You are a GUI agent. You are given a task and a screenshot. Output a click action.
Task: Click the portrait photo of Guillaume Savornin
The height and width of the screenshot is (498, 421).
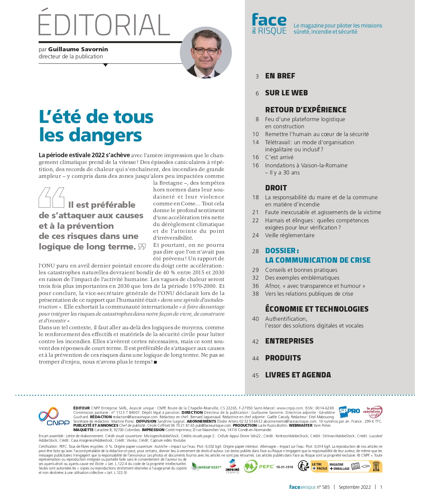(x=206, y=53)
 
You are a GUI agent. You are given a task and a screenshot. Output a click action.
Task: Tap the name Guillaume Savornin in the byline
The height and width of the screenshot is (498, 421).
(x=78, y=49)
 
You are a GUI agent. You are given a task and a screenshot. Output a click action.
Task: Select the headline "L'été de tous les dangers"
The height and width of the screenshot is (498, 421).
(x=96, y=126)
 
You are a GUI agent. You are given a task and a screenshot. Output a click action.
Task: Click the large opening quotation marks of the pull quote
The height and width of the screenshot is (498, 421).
(x=52, y=198)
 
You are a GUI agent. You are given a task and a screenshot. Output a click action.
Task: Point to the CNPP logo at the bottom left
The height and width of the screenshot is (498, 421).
(x=54, y=417)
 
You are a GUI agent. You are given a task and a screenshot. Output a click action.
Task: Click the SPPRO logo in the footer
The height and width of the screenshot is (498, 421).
(x=349, y=411)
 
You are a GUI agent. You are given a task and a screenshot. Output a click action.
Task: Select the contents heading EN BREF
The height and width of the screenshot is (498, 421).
(x=280, y=76)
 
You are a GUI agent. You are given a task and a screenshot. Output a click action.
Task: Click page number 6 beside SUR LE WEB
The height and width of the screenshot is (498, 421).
(x=257, y=93)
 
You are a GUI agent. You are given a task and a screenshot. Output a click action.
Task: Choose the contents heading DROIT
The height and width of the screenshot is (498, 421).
(x=276, y=188)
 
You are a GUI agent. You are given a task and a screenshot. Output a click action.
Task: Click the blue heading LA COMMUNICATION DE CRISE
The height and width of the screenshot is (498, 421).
(x=318, y=260)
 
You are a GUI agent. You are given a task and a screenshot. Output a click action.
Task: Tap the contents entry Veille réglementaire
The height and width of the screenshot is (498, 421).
(x=290, y=235)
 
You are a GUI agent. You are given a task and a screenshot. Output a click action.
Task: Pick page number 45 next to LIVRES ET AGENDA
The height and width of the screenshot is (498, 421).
(x=256, y=375)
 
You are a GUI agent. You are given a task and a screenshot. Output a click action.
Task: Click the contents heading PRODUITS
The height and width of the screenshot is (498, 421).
(x=283, y=358)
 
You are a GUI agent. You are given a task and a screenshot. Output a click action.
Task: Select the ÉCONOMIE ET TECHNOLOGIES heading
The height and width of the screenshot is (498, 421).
(x=317, y=309)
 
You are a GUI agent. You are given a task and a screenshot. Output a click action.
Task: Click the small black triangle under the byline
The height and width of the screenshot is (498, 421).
(x=106, y=65)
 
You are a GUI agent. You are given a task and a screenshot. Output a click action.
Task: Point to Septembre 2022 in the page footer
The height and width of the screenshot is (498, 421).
(x=354, y=487)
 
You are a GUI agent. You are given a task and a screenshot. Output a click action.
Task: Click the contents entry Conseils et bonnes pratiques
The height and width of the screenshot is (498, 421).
(x=301, y=270)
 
